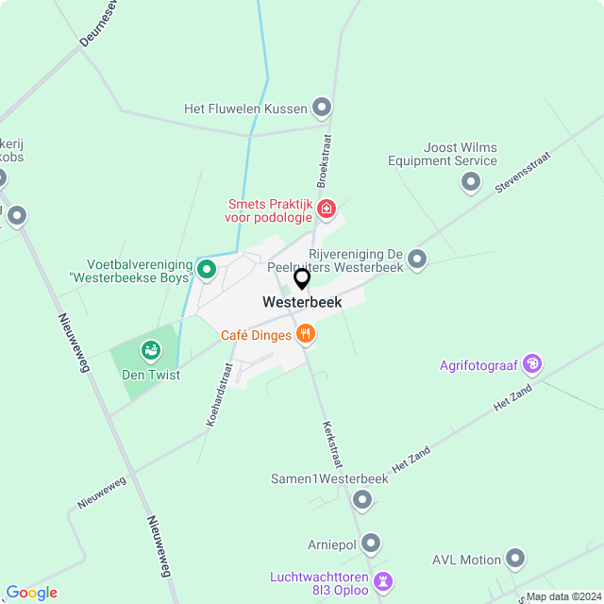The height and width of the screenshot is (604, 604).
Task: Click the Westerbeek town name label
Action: [302, 303]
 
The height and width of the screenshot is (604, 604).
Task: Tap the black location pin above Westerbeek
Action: [302, 279]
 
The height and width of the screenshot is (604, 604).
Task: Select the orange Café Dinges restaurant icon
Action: [305, 334]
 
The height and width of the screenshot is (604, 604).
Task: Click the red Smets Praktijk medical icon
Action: [327, 209]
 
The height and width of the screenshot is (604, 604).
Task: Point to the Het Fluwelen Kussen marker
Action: [322, 108]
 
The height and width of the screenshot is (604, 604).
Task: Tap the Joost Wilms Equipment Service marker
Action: [470, 181]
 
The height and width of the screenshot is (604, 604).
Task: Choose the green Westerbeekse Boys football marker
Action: [207, 272]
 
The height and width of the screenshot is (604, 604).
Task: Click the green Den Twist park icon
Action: [150, 352]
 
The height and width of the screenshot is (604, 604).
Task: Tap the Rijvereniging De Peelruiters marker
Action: [417, 259]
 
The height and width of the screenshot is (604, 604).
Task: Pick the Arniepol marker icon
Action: [371, 543]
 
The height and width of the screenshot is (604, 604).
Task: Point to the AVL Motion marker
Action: [515, 559]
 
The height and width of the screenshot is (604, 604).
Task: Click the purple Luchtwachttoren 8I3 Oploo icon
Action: [382, 579]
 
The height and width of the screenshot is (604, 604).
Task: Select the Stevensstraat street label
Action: [522, 175]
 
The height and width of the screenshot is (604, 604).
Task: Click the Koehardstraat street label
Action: [220, 395]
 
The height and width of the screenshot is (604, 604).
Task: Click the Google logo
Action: [31, 593]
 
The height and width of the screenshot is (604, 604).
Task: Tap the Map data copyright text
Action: [562, 596]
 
